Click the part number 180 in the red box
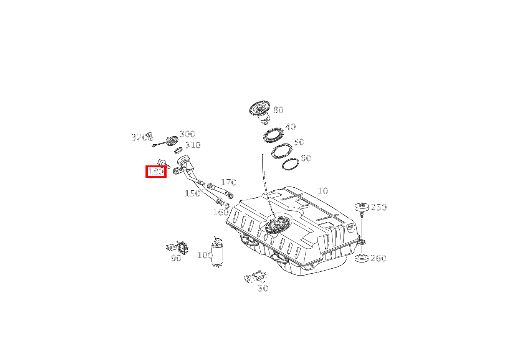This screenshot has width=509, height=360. point(156,172)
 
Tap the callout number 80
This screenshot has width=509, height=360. point(278,110)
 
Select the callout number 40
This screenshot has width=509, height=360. point(291,127)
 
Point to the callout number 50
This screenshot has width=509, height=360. point(299,142)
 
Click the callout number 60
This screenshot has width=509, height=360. point(306,158)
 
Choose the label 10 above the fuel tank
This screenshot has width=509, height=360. point(323,191)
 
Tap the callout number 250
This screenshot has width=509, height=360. point(379,207)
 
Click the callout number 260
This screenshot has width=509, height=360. point(378,258)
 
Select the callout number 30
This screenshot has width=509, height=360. point(263,289)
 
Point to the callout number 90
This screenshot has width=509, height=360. point(176,258)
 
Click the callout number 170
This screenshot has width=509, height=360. point(229,182)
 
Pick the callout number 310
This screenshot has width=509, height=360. point(193,145)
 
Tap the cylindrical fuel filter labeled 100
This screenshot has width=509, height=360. point(217,252)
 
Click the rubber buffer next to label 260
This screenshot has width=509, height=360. point(362,259)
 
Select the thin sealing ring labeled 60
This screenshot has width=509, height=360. point(291,164)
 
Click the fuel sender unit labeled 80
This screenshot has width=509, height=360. point(260,112)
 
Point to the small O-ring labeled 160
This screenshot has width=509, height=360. point(227,206)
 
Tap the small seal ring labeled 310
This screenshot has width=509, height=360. point(178,150)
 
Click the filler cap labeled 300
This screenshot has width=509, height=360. point(172,141)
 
